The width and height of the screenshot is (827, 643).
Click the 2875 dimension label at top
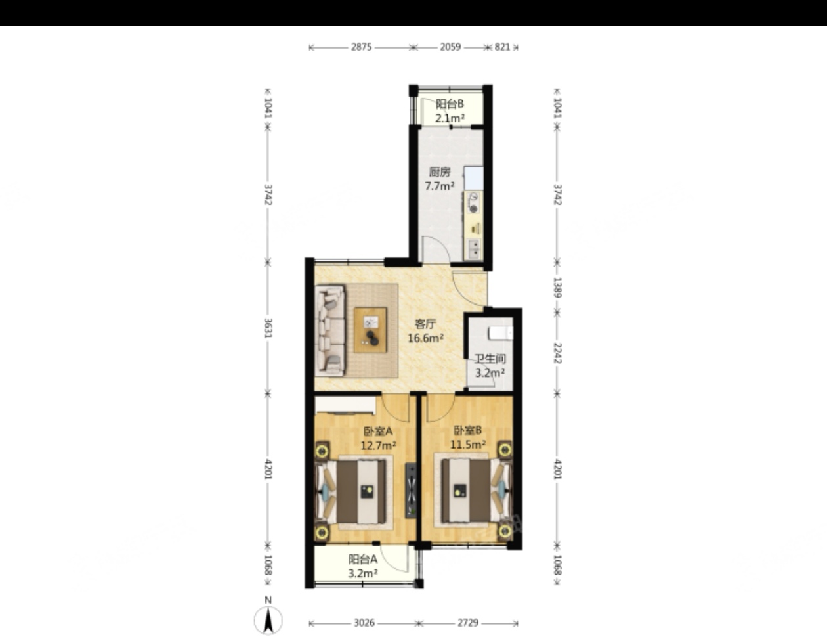(361, 47)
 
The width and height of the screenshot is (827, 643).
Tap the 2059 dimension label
(450, 47)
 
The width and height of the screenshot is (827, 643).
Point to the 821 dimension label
(502, 47)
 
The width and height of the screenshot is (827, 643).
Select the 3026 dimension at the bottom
(364, 623)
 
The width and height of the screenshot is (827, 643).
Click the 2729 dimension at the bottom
(467, 623)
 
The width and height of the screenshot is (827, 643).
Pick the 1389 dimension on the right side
(557, 288)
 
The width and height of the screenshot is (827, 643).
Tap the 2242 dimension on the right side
(557, 353)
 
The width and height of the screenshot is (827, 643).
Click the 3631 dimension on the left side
(268, 328)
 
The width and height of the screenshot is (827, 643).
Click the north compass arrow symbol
(268, 620)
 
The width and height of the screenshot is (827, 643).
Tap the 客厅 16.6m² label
(425, 330)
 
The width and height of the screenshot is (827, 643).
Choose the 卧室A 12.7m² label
(378, 438)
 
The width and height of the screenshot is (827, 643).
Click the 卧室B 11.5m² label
(468, 437)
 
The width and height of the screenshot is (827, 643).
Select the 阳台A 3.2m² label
(363, 565)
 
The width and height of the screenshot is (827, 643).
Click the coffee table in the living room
(370, 330)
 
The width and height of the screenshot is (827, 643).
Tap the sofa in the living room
(330, 330)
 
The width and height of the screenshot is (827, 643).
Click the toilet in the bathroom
(501, 333)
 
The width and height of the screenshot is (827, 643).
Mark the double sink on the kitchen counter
(475, 248)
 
